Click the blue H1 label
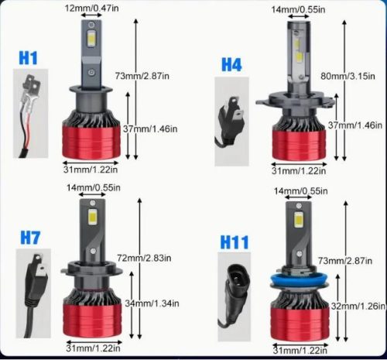click(x=28, y=57)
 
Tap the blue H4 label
click(x=231, y=65)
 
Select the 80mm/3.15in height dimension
click(x=345, y=77)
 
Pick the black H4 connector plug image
click(x=231, y=122)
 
